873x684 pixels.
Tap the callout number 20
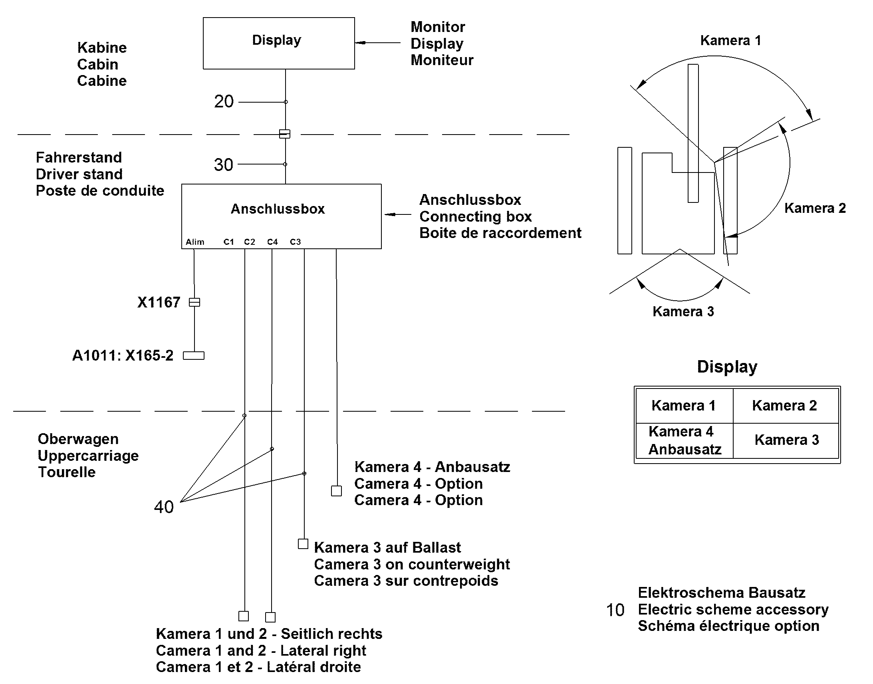tap(224, 101)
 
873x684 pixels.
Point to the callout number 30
tap(224, 165)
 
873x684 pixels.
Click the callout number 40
tap(164, 507)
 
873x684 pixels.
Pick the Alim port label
tap(195, 242)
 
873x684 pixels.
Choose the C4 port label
tap(273, 242)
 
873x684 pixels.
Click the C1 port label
tap(229, 242)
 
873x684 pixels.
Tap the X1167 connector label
tap(159, 302)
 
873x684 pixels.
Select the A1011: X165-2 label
tap(123, 356)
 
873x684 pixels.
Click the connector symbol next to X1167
tap(194, 302)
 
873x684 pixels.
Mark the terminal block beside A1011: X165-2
tap(194, 356)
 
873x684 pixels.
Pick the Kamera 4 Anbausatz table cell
tap(685, 440)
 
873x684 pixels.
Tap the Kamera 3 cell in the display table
tap(786, 440)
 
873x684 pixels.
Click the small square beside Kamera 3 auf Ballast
tap(303, 544)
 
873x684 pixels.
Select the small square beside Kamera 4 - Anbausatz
tap(336, 491)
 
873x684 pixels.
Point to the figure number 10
tap(615, 610)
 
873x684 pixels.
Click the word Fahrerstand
tap(79, 157)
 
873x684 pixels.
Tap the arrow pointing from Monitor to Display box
tap(378, 42)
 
